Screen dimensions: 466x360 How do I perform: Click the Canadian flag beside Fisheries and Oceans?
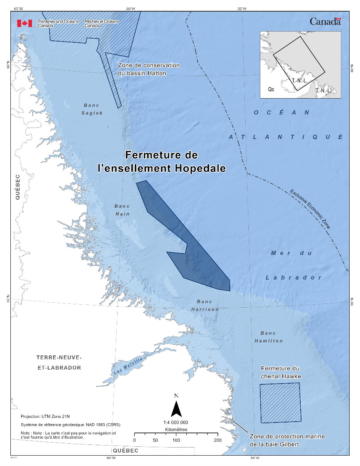[24, 23]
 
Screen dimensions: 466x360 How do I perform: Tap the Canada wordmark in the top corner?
[325, 22]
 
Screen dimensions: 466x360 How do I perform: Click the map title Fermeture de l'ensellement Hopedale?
[161, 162]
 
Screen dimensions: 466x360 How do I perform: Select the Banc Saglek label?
[92, 109]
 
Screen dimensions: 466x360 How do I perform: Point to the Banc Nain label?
[122, 210]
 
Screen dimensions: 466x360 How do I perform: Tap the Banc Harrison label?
[205, 305]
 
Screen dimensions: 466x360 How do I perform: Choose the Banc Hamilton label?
[268, 337]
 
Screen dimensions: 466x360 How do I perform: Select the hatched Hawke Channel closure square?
[280, 402]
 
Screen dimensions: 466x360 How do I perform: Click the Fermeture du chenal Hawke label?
[280, 372]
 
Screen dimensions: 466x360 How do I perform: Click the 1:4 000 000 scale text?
[176, 422]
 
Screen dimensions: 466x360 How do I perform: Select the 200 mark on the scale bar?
[218, 440]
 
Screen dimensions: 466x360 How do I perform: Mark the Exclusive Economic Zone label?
[310, 209]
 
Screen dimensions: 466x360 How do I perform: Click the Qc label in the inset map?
[271, 89]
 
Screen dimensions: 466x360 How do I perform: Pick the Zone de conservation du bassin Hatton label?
[149, 69]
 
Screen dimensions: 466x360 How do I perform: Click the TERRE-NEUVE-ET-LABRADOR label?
[59, 362]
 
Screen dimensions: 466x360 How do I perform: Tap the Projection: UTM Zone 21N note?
[45, 416]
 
